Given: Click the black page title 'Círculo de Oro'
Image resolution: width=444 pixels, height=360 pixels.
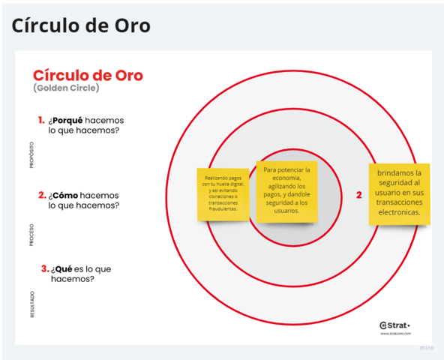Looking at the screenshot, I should click(x=81, y=25).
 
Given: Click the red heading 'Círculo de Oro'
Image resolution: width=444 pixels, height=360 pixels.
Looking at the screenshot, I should click(x=88, y=76).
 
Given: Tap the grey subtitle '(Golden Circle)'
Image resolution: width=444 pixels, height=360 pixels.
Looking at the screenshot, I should click(x=66, y=88).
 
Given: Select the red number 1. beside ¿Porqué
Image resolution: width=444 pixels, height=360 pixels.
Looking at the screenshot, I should click(x=41, y=119).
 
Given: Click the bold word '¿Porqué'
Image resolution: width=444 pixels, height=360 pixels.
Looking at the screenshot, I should click(x=66, y=120).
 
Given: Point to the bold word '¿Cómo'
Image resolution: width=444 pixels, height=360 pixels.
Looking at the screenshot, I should click(x=64, y=195).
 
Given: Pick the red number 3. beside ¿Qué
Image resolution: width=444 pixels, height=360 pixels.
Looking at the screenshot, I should click(x=45, y=268).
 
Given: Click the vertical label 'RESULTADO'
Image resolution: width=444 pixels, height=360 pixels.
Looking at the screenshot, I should click(x=31, y=304).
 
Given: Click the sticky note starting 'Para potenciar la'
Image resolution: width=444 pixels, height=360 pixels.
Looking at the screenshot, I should click(x=286, y=190).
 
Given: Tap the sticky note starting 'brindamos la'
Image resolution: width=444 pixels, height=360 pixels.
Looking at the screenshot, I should click(x=400, y=193).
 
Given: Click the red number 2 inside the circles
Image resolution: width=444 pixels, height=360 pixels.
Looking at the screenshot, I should click(x=358, y=195).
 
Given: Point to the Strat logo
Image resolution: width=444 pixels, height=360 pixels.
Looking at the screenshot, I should click(x=394, y=325).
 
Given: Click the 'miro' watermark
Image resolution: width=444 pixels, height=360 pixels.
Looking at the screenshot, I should click(x=426, y=348).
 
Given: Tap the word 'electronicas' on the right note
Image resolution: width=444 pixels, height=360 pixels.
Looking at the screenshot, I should click(x=400, y=212).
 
